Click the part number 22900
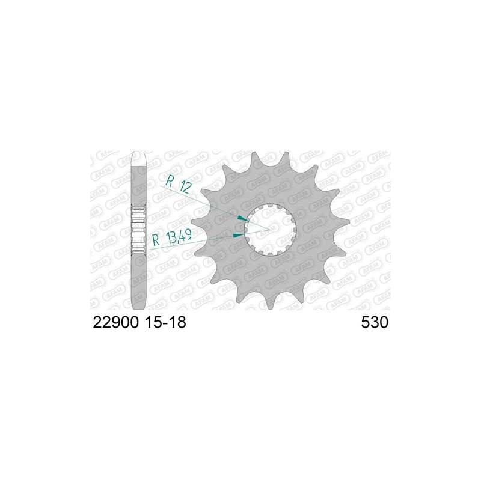point(115,322)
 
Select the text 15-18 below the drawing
point(165,322)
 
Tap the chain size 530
point(375,322)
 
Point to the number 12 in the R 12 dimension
point(185,186)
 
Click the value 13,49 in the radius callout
point(179,236)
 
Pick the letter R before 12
point(170,181)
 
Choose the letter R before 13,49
point(156,240)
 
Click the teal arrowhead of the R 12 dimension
point(243,218)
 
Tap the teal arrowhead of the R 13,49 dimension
point(239,235)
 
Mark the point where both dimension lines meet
point(269,230)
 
